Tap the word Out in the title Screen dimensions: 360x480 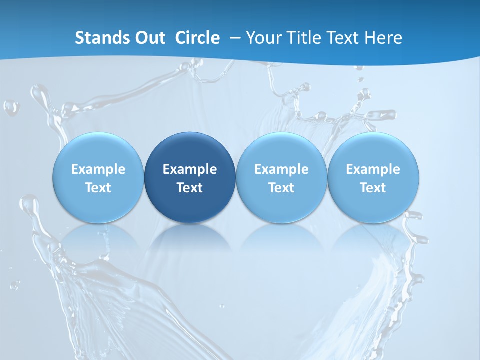coord(149,38)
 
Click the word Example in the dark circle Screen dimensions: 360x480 coord(190,169)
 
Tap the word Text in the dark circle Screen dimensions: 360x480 coord(190,188)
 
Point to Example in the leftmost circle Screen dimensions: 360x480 coord(98,169)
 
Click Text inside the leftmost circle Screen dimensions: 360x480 coord(98,188)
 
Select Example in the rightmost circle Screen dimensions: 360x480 coord(373,169)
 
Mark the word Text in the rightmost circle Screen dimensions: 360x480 coord(373,188)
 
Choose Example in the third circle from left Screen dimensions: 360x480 coord(281,169)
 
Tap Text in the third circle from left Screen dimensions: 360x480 coord(281,188)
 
